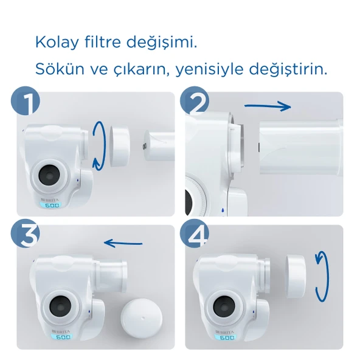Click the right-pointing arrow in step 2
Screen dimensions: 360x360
pos(268,106)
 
